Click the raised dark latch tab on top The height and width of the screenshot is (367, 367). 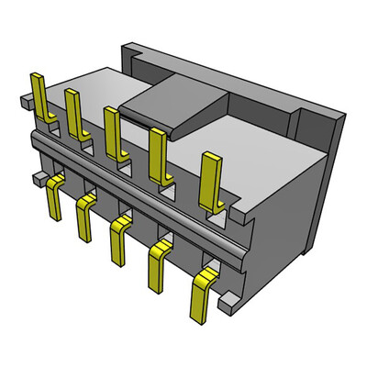[174, 101]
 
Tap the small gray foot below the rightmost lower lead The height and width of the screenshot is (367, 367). [231, 297]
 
